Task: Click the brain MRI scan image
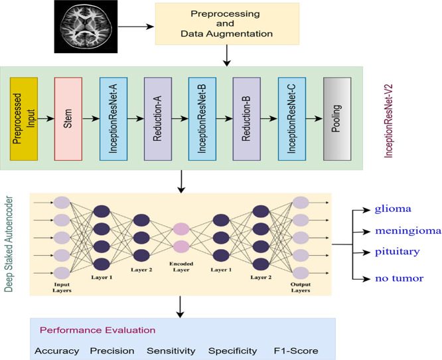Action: (x=86, y=27)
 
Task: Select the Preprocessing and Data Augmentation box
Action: (x=227, y=24)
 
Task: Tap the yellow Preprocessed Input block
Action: (x=24, y=119)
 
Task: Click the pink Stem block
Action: (x=68, y=119)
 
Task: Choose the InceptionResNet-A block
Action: (x=113, y=119)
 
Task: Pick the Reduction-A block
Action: (x=158, y=119)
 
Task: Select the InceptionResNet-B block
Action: (x=202, y=119)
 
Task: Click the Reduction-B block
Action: (x=247, y=119)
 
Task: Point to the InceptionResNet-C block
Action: (x=292, y=119)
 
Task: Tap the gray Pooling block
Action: (x=337, y=119)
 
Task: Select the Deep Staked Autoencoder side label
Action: (x=9, y=244)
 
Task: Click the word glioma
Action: (x=393, y=209)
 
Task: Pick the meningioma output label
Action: (x=408, y=230)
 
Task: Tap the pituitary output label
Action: (x=397, y=252)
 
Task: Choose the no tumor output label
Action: (x=399, y=278)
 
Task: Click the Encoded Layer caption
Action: (x=181, y=266)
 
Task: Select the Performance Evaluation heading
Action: (x=98, y=330)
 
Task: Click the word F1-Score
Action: (x=296, y=351)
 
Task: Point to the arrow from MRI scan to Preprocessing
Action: (x=136, y=27)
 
